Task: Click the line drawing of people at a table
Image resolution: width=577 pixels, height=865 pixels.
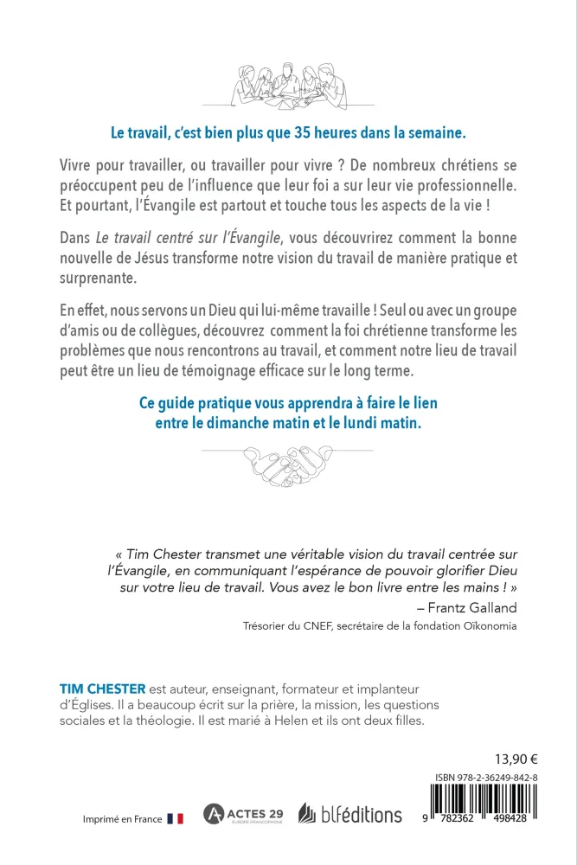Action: click(x=288, y=84)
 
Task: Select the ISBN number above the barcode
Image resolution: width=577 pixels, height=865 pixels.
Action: click(x=488, y=778)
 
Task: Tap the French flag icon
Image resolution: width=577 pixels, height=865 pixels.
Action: click(x=175, y=818)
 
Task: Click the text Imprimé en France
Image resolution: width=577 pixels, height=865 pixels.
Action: click(x=122, y=819)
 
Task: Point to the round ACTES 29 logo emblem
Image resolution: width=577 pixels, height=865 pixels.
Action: click(x=213, y=814)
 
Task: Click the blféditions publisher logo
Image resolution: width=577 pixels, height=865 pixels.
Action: click(x=349, y=814)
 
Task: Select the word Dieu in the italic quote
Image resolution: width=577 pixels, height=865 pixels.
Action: click(x=484, y=569)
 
